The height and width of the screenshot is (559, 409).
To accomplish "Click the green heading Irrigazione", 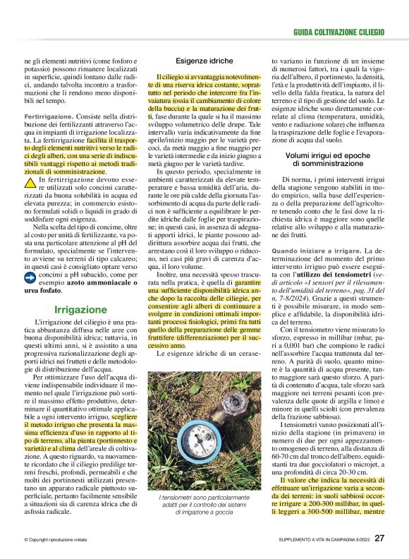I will tap(80, 309).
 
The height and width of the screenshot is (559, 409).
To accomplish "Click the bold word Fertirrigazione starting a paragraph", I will tap(49, 114).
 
